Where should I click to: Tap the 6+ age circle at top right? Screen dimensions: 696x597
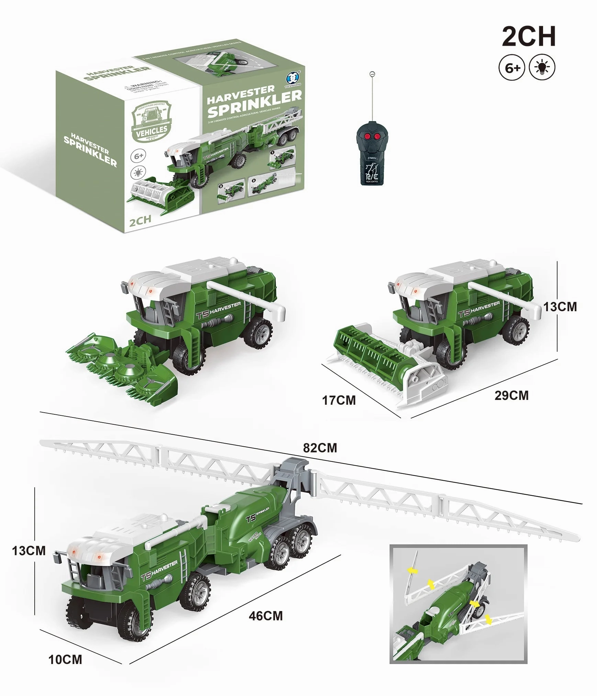(512, 68)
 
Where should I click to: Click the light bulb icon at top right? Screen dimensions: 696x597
(542, 68)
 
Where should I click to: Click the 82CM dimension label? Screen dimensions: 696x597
(320, 448)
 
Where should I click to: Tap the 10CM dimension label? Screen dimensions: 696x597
(65, 660)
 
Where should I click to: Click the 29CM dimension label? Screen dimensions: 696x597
(511, 395)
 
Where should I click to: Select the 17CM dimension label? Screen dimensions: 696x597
(339, 400)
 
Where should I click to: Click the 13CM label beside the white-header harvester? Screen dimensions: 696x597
(560, 307)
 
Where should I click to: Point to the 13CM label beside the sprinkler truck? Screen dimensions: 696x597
(29, 551)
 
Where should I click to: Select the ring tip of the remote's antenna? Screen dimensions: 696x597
(372, 74)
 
